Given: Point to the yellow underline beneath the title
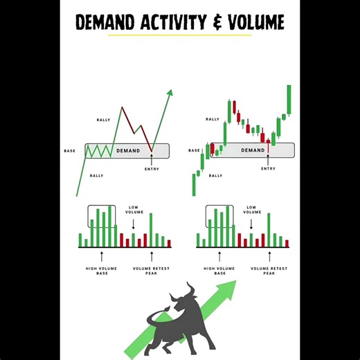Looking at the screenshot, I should (180, 35).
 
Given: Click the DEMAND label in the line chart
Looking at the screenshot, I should (128, 150).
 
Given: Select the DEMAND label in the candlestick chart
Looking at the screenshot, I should (253, 150).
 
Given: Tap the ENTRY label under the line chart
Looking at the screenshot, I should (152, 168).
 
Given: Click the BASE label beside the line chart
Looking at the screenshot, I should (70, 150).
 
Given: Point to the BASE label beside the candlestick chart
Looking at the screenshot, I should (194, 150).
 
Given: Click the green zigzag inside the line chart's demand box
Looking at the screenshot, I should (98, 150).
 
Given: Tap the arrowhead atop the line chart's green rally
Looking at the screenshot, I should (170, 93).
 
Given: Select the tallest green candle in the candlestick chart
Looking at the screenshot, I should (288, 100).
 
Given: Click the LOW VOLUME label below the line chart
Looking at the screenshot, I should (135, 210).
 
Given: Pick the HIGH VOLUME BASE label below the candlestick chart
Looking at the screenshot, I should (219, 271).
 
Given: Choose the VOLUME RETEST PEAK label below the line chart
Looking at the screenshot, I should (152, 271).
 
